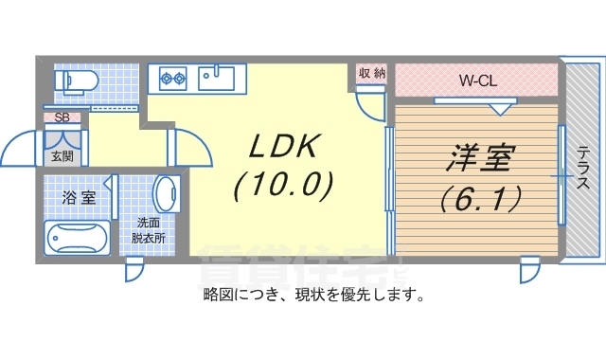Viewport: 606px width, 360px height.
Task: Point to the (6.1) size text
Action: pyautogui.click(x=478, y=198)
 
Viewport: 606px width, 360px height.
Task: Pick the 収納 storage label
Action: pyautogui.click(x=371, y=73)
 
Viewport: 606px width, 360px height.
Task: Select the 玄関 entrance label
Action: pyautogui.click(x=62, y=156)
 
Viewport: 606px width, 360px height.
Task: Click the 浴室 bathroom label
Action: pyautogui.click(x=79, y=198)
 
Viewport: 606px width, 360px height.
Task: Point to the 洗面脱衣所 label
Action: pyautogui.click(x=149, y=232)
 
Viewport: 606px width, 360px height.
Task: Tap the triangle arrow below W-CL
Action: pyautogui.click(x=499, y=109)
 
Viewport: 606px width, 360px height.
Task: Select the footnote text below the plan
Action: pyautogui.click(x=312, y=295)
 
